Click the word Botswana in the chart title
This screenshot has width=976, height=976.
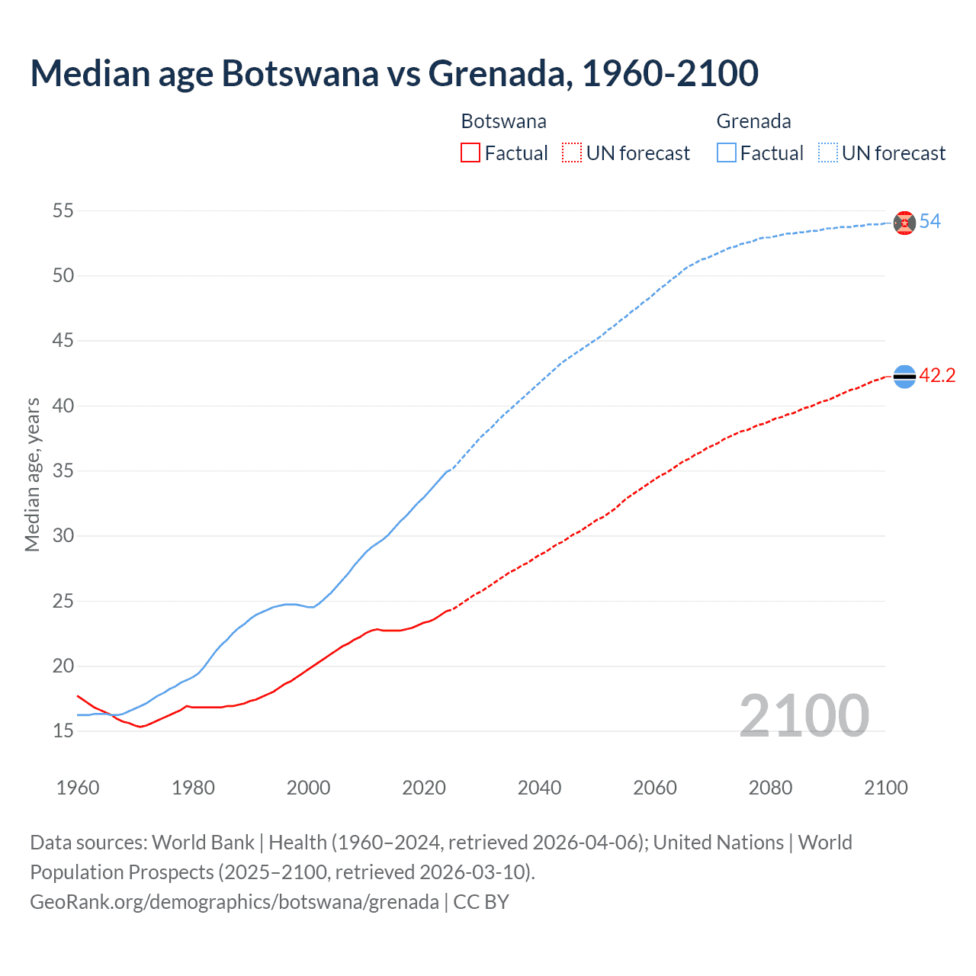[x=300, y=73]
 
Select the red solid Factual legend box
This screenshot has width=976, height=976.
[x=470, y=153]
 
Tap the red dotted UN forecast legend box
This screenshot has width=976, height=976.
[x=572, y=153]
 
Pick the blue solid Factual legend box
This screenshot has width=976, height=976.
[x=727, y=153]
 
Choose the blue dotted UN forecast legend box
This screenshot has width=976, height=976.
[x=827, y=153]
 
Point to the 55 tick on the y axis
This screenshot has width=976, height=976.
[x=63, y=210]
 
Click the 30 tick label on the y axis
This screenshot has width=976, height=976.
[x=63, y=536]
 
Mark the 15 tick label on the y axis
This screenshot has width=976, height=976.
[x=63, y=731]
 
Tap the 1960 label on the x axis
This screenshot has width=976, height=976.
[x=78, y=788]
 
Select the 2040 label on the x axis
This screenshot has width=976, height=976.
[x=539, y=788]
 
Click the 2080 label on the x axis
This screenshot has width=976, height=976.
[x=770, y=788]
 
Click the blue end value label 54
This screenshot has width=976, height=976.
[x=929, y=222]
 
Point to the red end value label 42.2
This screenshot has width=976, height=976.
[x=937, y=376]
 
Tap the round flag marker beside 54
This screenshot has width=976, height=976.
[x=904, y=223]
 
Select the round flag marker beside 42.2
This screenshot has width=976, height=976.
[x=904, y=376]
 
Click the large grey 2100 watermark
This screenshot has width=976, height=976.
[x=804, y=716]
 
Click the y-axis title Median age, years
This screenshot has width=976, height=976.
[x=32, y=474]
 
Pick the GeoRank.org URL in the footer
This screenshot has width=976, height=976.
[x=234, y=902]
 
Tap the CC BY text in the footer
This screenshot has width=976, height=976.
[x=481, y=902]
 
